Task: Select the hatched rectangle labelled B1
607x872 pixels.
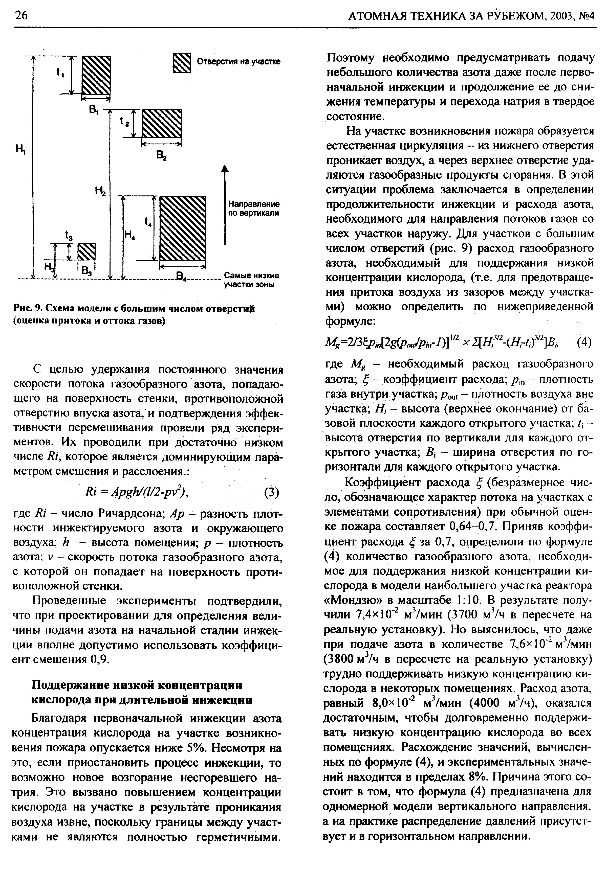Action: click(x=96, y=75)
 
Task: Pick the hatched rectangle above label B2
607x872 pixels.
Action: click(x=162, y=123)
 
